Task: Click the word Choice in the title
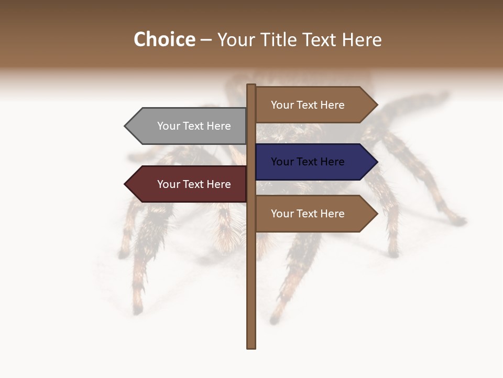[x=164, y=39]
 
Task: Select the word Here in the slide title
[x=362, y=40]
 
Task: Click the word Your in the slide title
[x=237, y=40]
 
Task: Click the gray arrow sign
[x=189, y=126]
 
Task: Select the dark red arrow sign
[x=189, y=184]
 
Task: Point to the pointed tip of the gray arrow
[x=126, y=126]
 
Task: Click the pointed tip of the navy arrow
[x=377, y=162]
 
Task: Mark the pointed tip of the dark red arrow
[x=126, y=184]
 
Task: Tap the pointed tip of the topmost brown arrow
[x=377, y=105]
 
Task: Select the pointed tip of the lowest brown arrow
[x=377, y=214]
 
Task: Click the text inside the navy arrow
[x=308, y=162]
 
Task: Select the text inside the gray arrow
[x=194, y=126]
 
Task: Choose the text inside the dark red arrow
[x=194, y=184]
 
